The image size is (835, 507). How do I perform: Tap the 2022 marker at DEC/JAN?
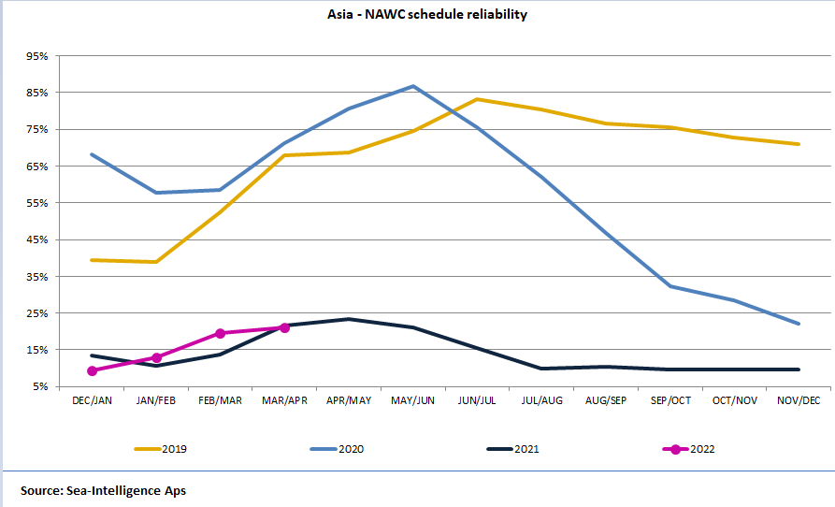(93, 371)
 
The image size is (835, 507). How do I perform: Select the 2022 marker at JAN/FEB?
(156, 357)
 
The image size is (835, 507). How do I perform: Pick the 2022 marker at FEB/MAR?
(221, 333)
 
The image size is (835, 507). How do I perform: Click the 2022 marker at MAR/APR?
(284, 327)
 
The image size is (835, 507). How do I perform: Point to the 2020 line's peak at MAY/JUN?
(413, 86)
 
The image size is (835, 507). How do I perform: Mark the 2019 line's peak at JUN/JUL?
(478, 99)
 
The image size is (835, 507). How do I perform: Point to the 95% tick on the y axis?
(36, 56)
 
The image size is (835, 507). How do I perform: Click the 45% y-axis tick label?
(36, 239)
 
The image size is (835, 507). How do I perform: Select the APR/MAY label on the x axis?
(349, 400)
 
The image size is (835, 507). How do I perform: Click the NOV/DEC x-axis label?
(799, 400)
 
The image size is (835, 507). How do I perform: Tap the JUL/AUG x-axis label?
(541, 400)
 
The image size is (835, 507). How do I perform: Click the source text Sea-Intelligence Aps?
(103, 490)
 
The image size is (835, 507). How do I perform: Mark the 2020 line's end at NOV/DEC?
(799, 324)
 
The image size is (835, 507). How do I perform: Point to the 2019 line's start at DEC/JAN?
(93, 260)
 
